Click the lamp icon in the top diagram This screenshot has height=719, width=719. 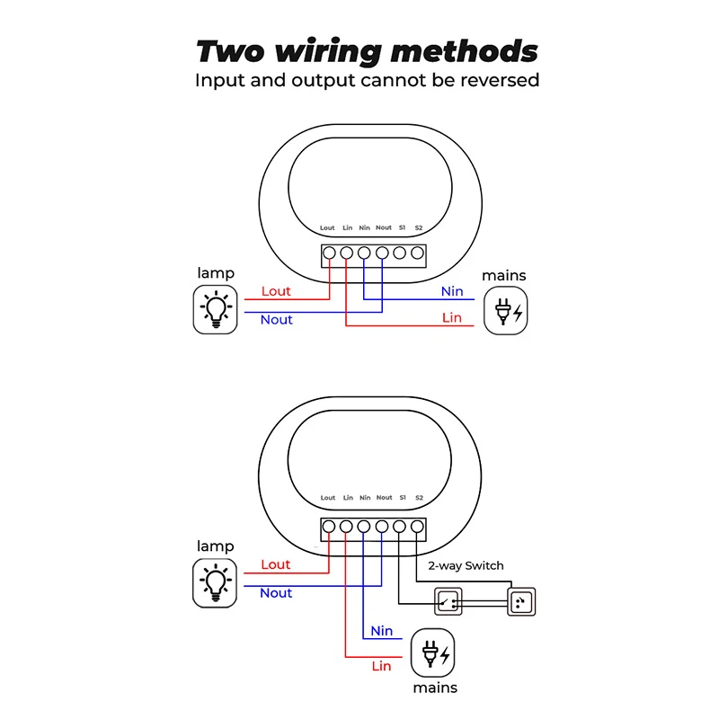(216, 310)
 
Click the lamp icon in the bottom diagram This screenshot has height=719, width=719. (216, 582)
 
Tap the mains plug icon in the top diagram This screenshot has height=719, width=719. (508, 312)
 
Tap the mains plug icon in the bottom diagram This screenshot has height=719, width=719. (434, 652)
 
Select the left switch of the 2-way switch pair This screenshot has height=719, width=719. (448, 601)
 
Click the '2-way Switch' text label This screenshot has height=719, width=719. (465, 565)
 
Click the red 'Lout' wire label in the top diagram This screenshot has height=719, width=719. (276, 291)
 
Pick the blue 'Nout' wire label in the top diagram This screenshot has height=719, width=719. (276, 319)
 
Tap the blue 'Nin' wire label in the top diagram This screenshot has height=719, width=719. (452, 291)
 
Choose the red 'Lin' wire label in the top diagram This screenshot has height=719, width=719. (452, 317)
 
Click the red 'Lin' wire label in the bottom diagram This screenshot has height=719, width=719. (382, 666)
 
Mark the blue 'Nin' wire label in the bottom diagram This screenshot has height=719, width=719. (382, 631)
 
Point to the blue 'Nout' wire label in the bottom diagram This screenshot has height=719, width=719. (276, 592)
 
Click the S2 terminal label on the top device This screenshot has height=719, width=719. (419, 228)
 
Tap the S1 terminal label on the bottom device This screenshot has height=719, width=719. (403, 498)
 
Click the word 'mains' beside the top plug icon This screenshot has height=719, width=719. (504, 275)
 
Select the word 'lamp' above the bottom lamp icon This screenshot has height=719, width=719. (216, 546)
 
